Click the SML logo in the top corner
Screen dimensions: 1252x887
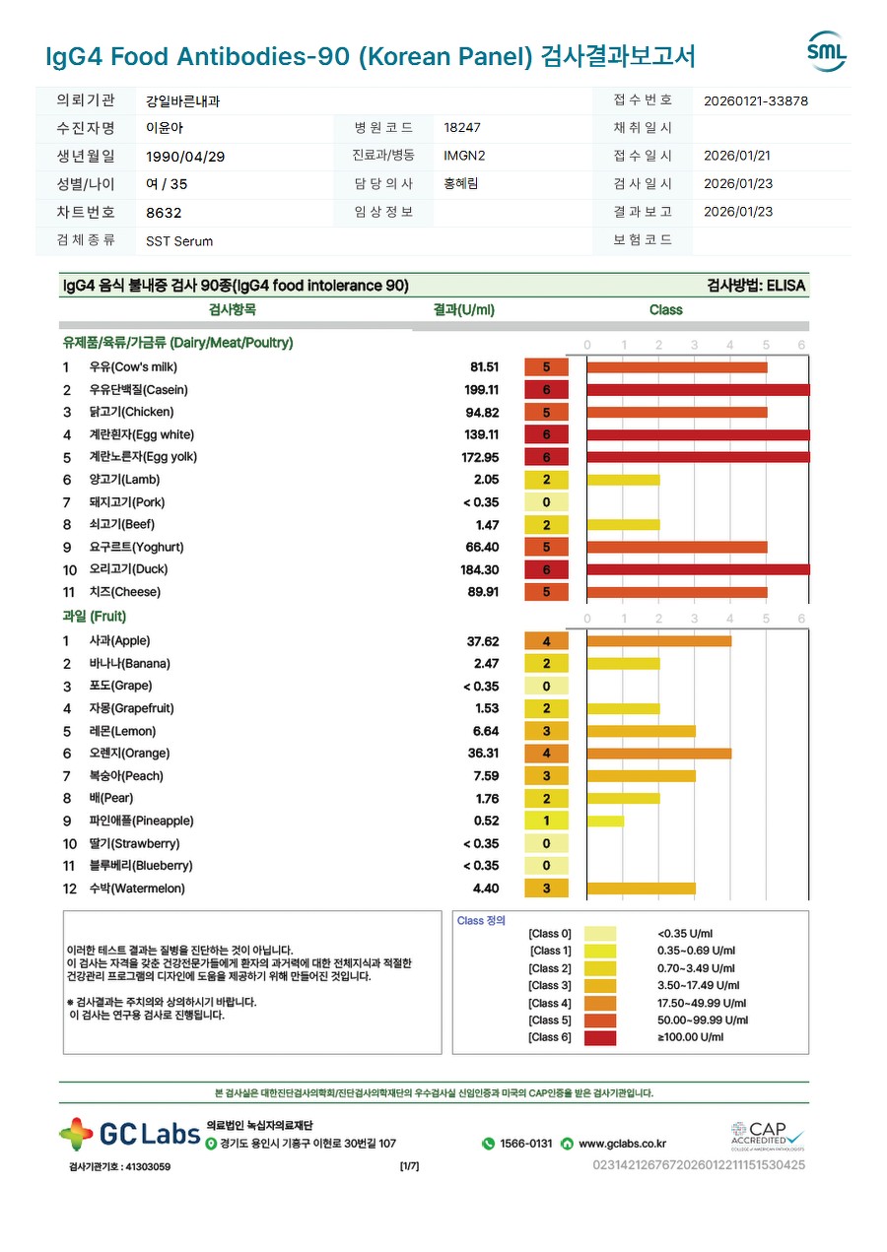826,52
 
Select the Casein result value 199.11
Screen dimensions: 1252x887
482,390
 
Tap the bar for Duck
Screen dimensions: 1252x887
698,569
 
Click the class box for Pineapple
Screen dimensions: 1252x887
546,821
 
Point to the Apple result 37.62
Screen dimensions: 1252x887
483,641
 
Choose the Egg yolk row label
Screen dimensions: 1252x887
143,457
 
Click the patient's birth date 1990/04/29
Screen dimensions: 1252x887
186,157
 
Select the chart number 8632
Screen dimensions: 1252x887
164,213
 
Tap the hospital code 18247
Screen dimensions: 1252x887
462,128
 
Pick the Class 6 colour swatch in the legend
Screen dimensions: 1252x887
599,1037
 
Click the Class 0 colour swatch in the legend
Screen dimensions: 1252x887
599,934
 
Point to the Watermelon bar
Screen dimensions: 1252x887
641,889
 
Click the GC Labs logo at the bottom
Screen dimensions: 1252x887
129,1135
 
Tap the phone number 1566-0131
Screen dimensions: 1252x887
525,1144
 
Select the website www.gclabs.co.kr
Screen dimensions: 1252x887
621,1144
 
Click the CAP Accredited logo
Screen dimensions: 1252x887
767,1135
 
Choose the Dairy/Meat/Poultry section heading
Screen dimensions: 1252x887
177,343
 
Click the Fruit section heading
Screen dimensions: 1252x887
95,617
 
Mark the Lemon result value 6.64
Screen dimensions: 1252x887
486,731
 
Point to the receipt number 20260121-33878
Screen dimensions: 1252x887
756,100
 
